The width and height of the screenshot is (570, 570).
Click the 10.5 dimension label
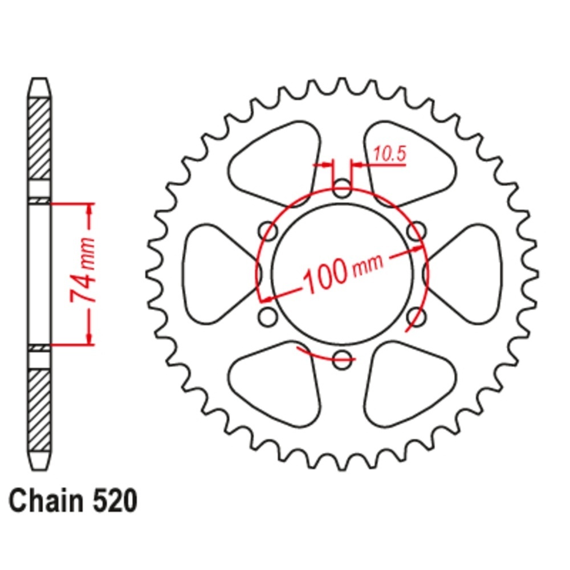point(389,154)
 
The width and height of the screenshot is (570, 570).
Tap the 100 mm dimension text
point(343,271)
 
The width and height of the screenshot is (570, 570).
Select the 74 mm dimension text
point(83,271)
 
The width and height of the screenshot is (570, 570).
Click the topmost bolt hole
point(342,188)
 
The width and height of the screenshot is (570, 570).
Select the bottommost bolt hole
point(342,360)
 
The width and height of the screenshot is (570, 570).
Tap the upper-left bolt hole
point(268,231)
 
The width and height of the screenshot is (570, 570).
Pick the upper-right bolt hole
point(417,231)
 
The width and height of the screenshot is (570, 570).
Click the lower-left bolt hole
point(268,317)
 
